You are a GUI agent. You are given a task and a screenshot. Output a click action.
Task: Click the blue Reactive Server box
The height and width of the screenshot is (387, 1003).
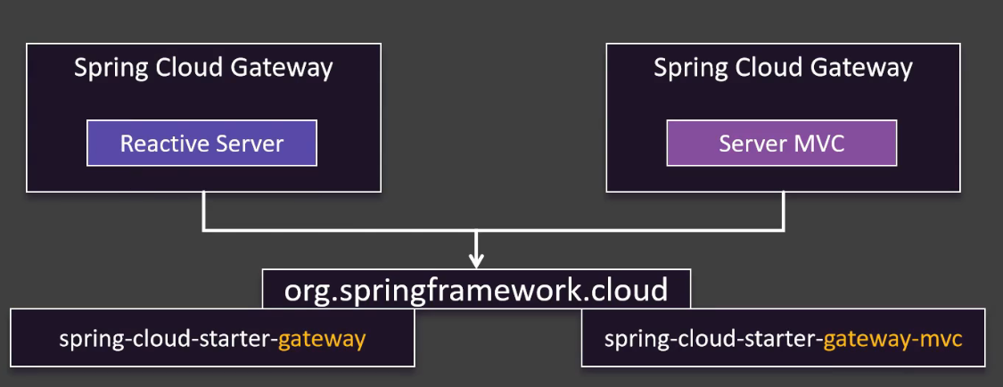point(201,144)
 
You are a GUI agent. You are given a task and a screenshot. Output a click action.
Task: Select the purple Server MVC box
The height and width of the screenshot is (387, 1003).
point(781,144)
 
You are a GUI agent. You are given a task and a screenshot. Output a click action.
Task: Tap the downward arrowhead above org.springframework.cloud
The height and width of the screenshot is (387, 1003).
point(476,260)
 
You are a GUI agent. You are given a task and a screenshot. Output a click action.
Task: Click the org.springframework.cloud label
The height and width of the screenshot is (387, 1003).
point(476,290)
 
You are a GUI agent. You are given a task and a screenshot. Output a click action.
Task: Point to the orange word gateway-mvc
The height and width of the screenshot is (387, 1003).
point(892,340)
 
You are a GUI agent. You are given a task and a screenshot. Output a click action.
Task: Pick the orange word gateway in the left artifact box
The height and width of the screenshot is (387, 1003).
point(322,340)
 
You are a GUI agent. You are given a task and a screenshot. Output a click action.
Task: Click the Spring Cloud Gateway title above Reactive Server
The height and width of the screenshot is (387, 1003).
point(203,68)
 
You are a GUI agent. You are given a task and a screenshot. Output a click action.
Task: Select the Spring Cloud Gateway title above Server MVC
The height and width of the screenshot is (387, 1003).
point(783,68)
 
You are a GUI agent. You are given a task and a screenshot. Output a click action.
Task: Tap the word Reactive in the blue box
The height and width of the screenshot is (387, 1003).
point(157,144)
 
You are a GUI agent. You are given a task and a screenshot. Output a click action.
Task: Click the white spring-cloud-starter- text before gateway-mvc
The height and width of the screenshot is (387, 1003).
point(713,340)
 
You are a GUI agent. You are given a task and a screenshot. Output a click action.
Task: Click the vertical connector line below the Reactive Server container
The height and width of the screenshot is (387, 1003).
point(204,211)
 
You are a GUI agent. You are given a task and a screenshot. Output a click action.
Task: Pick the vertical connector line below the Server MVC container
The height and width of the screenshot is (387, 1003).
point(784,211)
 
